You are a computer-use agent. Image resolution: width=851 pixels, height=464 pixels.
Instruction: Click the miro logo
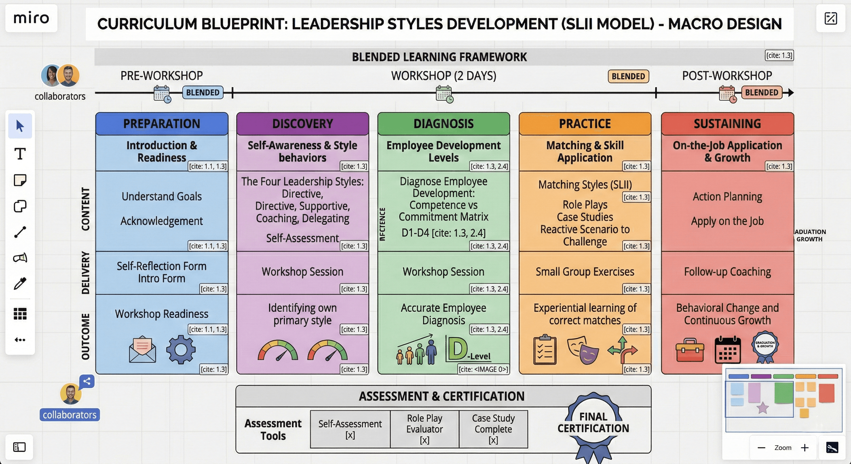coord(31,18)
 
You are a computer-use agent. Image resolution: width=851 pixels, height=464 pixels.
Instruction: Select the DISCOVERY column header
coord(303,124)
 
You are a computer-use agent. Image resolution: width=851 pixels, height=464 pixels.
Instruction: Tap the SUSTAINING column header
coord(727,124)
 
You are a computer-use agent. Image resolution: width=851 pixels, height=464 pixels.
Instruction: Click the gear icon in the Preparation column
coord(181,350)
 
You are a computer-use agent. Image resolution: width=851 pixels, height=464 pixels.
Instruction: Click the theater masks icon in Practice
coord(583,350)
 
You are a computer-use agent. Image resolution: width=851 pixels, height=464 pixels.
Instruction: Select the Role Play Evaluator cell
coord(425,429)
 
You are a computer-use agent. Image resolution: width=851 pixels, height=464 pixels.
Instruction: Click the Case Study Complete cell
coord(493,429)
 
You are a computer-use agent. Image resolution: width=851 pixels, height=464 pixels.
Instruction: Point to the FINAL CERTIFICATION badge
coord(593,423)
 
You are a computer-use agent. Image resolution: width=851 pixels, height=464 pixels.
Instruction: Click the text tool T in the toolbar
coord(20,154)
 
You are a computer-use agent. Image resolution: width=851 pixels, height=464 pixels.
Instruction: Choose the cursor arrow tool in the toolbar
coord(20,126)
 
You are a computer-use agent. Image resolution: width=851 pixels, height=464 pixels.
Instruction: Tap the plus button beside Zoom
coord(805,447)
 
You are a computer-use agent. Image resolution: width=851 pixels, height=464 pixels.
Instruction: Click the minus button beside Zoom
coord(761,447)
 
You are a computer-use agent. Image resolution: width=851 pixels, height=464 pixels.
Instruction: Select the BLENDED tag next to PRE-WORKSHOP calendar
coord(202,92)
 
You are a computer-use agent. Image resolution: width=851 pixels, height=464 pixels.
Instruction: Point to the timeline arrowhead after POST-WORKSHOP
coord(790,92)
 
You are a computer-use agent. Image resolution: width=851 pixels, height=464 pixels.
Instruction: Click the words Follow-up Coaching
coord(727,272)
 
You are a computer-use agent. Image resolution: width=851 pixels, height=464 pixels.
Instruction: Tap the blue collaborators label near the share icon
coord(70,415)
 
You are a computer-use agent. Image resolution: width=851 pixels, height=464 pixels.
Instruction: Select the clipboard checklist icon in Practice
coord(545,350)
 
